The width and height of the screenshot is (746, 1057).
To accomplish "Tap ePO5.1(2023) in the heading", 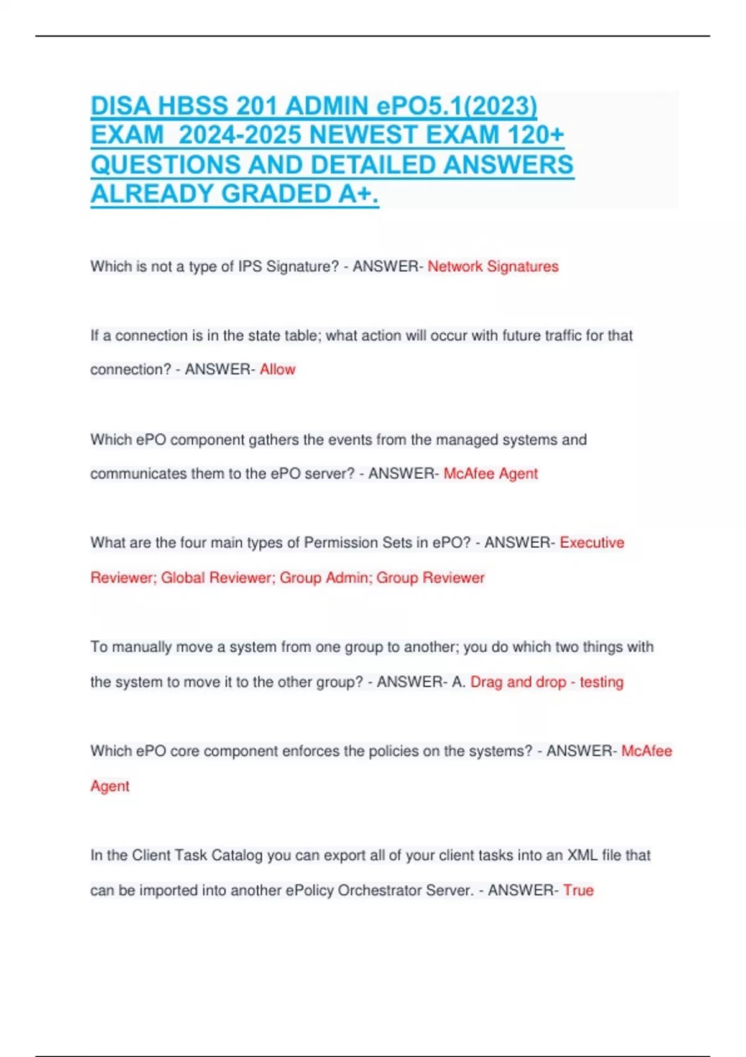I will pos(457,106).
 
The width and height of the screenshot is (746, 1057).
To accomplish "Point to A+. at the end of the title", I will pos(359,195).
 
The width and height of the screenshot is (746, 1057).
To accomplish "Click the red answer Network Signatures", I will pos(493,267).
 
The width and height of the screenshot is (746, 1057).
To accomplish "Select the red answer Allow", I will pos(277,369).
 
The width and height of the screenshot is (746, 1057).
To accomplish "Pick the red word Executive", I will pos(592,543).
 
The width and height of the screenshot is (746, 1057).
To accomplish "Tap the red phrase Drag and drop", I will pos(518,682).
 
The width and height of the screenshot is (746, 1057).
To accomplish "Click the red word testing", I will pos(601,682).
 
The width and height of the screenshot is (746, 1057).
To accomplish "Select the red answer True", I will pos(578,890).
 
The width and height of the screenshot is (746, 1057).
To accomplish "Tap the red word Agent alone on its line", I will pos(110,787).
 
